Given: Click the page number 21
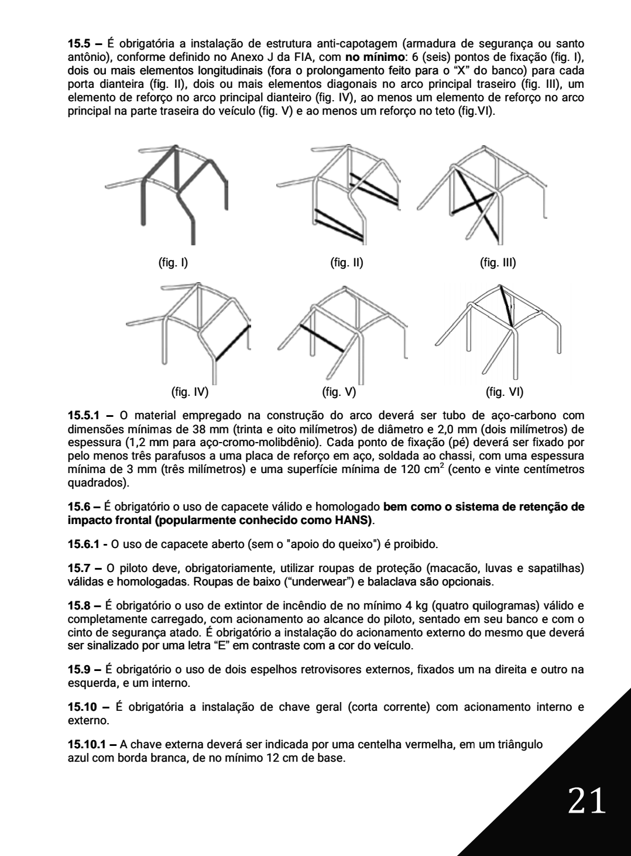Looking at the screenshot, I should (586, 800).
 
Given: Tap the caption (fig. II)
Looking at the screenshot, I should (347, 263).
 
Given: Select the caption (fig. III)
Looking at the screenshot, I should (498, 263).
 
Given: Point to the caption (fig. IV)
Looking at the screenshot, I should (193, 391).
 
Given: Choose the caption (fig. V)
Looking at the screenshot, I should (339, 391).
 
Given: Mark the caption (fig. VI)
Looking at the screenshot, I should (505, 391).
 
